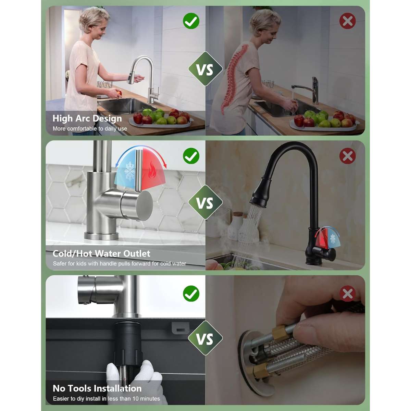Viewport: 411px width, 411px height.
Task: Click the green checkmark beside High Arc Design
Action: [x=191, y=21]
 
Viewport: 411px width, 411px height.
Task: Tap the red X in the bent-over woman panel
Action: [x=347, y=21]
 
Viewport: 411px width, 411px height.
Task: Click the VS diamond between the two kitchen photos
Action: [x=205, y=69]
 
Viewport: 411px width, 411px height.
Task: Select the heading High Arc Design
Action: [x=87, y=119]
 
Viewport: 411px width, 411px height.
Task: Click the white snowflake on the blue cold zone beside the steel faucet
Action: [x=130, y=171]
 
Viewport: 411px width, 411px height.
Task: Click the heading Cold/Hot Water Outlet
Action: [x=101, y=253]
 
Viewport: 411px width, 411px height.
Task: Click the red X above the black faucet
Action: [x=347, y=156]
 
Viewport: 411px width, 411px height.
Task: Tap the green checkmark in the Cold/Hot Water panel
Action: [x=191, y=156]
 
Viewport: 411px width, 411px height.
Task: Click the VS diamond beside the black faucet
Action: [x=205, y=202]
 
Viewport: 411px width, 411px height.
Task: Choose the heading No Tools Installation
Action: [x=97, y=388]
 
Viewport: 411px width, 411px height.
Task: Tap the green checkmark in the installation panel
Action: [x=191, y=294]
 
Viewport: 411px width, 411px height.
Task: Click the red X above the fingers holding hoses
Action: [x=347, y=294]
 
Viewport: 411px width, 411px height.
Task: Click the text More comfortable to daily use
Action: [x=90, y=129]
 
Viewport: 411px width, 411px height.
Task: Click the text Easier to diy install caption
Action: [x=107, y=399]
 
